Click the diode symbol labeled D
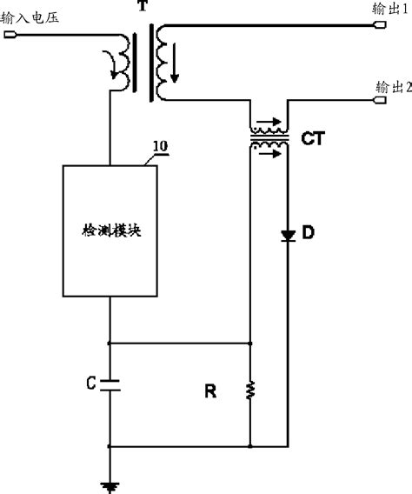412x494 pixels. click(287, 235)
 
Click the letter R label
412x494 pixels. click(209, 392)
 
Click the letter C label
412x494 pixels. click(91, 382)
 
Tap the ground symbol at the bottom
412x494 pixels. click(110, 485)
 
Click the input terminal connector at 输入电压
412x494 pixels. click(10, 35)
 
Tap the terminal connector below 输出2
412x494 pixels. click(379, 101)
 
